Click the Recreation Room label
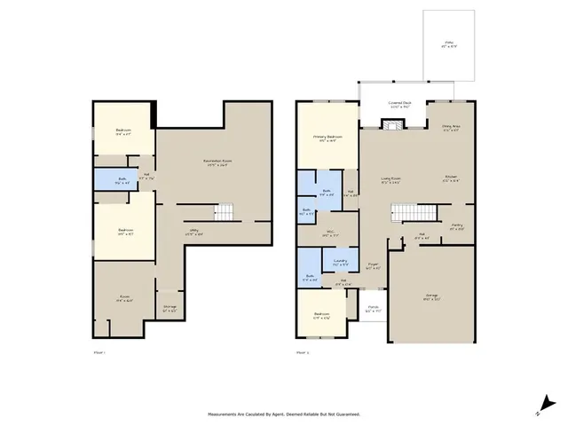coord(217,161)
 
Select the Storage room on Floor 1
coord(170,308)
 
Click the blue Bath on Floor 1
coord(122,180)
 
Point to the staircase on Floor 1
coord(228,211)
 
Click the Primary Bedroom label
coord(327,137)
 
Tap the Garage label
coord(432,297)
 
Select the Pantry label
coord(456,226)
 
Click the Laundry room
coord(340,261)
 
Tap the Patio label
coord(449,43)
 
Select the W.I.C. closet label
coord(329,234)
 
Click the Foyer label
coord(374,264)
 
